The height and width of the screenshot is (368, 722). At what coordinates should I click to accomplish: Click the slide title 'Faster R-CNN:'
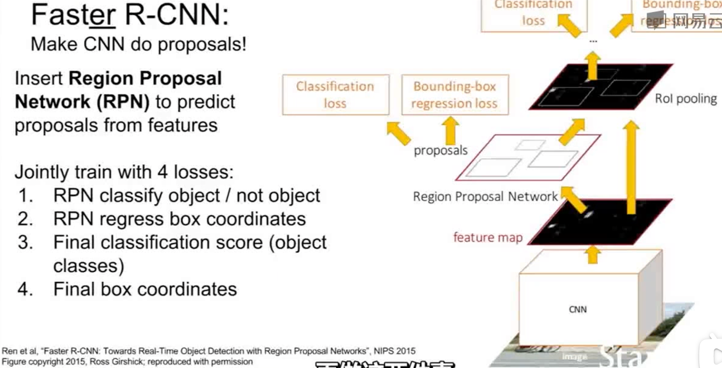point(129,15)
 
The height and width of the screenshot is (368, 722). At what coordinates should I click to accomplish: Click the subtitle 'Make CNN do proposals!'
point(138,44)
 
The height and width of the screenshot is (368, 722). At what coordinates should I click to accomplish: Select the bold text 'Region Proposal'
point(145,78)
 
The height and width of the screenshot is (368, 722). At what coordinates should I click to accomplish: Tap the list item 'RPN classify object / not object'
point(186,195)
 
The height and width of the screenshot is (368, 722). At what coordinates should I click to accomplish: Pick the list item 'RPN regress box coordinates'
point(179,219)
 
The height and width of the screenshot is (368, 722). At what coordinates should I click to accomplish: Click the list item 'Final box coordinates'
point(145,289)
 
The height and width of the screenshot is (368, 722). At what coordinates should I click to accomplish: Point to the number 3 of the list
point(25,242)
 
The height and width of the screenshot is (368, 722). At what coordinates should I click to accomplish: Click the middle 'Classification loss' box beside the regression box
point(335,95)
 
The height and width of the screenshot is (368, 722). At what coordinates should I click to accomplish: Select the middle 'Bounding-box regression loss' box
point(454,95)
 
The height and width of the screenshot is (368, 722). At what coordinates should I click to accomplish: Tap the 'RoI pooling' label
point(686,98)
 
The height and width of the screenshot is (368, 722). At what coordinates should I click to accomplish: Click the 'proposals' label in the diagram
point(440,150)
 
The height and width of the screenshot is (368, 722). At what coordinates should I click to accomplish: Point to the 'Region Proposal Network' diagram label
point(485,196)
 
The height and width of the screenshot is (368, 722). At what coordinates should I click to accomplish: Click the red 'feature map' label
point(488,237)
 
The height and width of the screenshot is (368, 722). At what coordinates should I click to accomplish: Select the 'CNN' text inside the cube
point(578,310)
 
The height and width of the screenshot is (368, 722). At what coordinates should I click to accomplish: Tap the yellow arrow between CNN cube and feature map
point(593,255)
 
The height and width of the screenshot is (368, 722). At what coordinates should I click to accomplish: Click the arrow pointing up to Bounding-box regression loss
point(450,131)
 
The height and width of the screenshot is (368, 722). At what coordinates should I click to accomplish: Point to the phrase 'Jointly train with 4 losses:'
point(124,172)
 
